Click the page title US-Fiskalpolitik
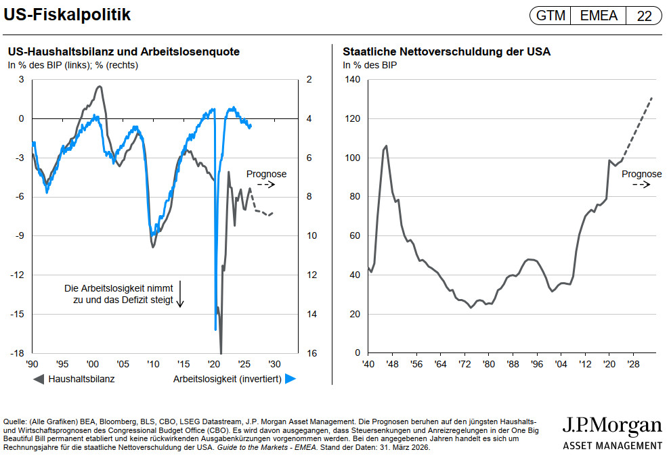[67, 14]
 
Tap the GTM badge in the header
[550, 16]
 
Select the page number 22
[643, 16]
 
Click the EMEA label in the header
[599, 16]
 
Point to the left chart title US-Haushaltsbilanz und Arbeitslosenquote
[123, 51]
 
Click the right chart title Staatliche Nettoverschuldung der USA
[446, 51]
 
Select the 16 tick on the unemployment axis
[309, 353]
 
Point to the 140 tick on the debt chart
[353, 80]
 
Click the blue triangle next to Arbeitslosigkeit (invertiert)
[290, 379]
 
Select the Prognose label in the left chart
[266, 174]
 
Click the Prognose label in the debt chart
[641, 174]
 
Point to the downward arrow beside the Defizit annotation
[181, 294]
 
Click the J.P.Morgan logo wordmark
[611, 426]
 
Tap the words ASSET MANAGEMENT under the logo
[612, 445]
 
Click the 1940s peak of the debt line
[386, 145]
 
